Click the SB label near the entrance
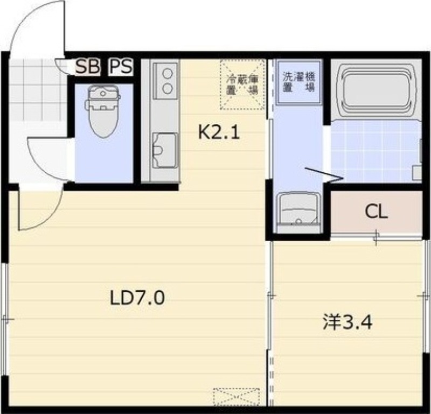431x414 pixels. pos(87,67)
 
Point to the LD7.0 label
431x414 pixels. pos(137,297)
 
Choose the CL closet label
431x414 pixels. pos(376,212)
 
